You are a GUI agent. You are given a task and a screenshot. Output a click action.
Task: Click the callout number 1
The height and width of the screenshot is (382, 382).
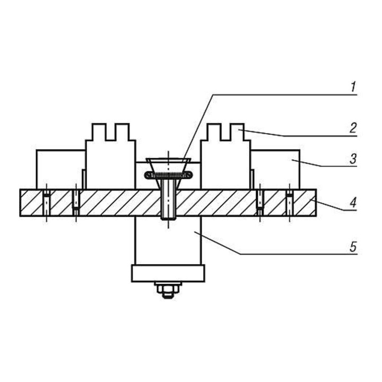[353, 87]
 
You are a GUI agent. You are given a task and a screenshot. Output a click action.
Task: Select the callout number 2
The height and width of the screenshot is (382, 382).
[353, 128]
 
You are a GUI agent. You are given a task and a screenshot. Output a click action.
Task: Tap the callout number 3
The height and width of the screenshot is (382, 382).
[353, 159]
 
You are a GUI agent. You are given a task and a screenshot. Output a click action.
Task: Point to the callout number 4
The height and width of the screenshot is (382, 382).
[353, 203]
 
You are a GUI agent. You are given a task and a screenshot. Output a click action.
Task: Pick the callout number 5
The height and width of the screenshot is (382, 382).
[353, 247]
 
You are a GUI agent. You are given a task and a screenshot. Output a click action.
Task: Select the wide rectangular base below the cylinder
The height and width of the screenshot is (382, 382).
[168, 273]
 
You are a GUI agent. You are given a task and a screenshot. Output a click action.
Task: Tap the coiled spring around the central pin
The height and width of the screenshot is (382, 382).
[169, 175]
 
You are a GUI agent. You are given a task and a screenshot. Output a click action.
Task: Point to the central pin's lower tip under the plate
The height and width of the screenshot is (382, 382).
[168, 218]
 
